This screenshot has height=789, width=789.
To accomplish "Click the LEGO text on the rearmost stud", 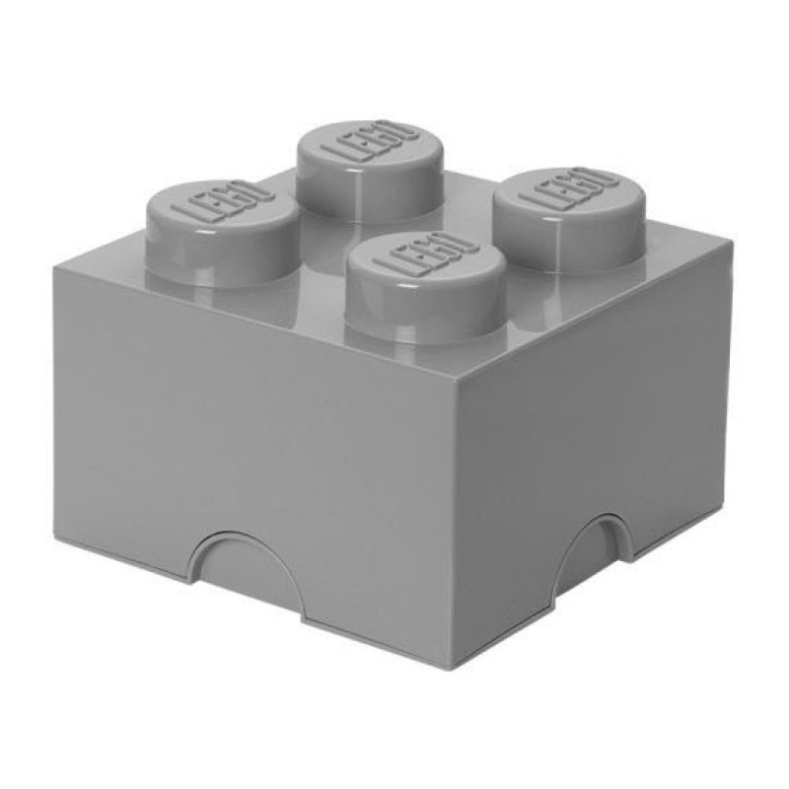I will point(370,145).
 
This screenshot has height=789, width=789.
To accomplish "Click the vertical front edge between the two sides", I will point(454,523).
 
